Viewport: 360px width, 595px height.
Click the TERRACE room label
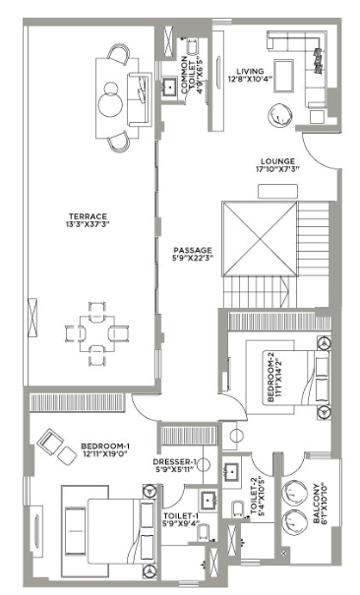88,215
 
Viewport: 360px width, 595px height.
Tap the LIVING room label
249,71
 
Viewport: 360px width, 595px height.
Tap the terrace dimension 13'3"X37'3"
88,224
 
